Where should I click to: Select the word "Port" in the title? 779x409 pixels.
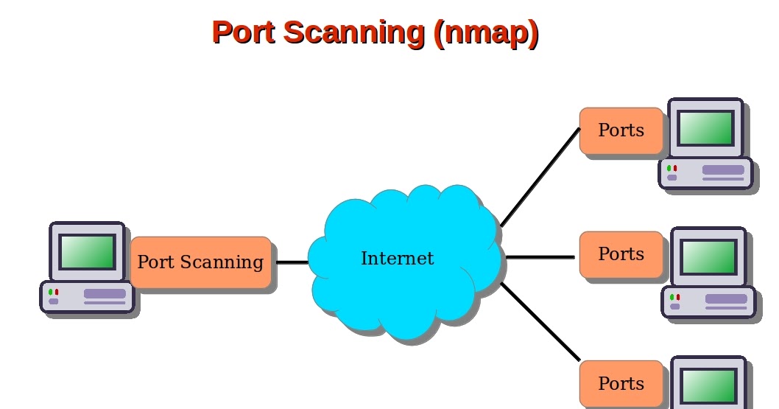[x=243, y=32]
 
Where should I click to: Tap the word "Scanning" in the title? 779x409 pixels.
[x=354, y=32]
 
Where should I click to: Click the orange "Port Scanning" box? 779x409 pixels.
[x=200, y=262]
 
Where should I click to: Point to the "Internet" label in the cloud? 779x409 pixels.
[x=397, y=259]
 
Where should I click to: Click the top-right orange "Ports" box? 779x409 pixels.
[x=621, y=130]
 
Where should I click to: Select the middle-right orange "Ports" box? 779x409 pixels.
[x=621, y=254]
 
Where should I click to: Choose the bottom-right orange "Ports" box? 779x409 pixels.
[x=621, y=384]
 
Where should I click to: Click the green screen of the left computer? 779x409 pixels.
[x=88, y=252]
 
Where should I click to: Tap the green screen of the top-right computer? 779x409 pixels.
[x=705, y=128]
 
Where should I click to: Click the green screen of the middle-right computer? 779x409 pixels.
[x=708, y=257]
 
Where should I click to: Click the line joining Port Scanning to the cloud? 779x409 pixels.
[x=292, y=262]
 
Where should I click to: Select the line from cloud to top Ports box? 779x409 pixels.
[x=540, y=178]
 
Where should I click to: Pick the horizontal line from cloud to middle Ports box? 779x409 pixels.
[x=540, y=257]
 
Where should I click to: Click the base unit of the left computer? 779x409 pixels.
[x=87, y=297]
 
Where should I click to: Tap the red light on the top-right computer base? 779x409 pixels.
[x=675, y=169]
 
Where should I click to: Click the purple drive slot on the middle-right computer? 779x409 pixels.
[x=725, y=298]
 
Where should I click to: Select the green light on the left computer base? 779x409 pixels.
[x=50, y=293]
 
